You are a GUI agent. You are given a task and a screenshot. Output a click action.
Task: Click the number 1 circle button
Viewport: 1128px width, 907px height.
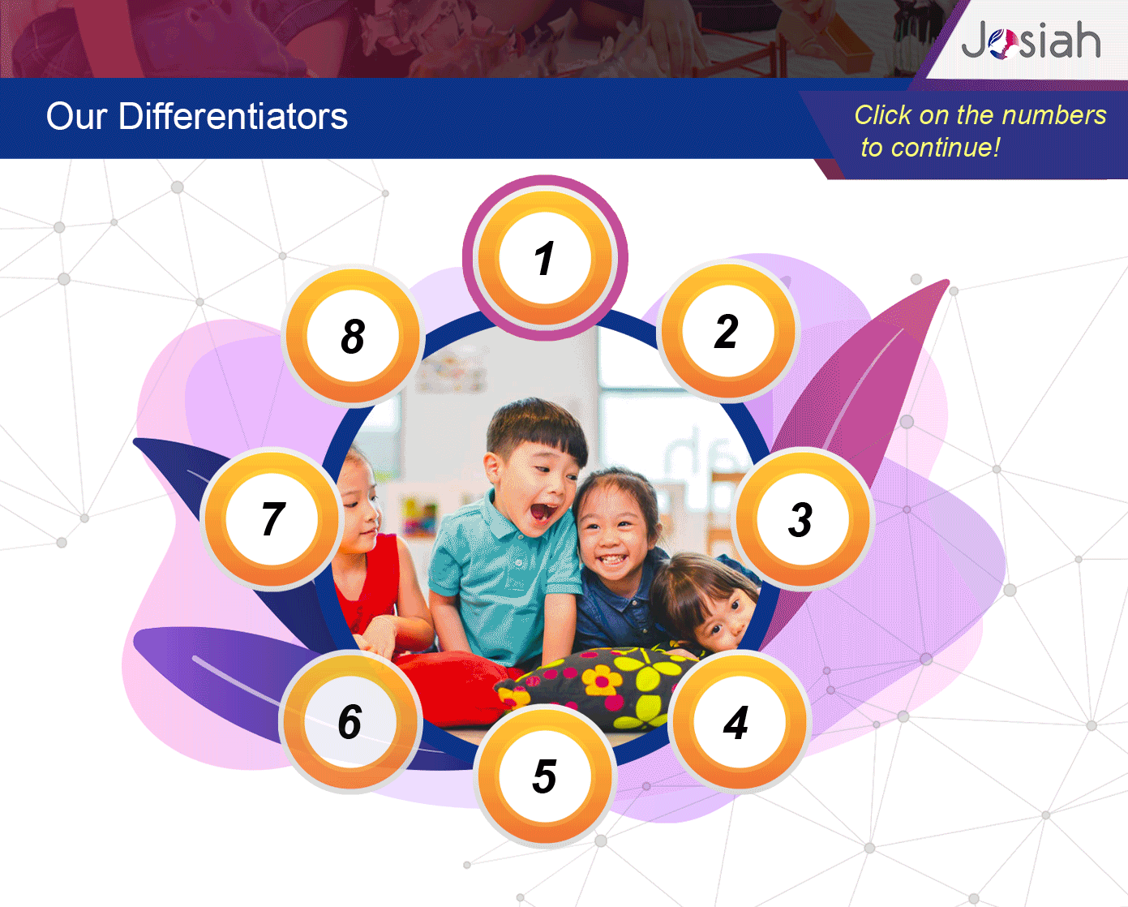[545, 257]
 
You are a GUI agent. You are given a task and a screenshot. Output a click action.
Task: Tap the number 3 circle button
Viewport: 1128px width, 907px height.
[802, 519]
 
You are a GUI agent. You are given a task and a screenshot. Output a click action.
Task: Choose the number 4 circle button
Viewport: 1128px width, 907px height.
[739, 722]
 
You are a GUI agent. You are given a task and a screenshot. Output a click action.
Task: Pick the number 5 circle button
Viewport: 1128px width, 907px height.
[545, 776]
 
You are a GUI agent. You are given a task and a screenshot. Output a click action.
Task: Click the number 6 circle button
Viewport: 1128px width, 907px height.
[350, 722]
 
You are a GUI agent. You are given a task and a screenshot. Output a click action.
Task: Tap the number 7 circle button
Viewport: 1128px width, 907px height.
[272, 519]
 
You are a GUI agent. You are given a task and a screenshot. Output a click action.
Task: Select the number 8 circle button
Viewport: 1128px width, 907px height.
[353, 336]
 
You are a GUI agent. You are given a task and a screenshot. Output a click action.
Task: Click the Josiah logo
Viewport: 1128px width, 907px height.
[1031, 40]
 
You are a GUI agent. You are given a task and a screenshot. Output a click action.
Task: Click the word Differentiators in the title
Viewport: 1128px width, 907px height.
[233, 116]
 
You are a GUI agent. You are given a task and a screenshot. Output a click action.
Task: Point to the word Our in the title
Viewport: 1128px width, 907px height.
[76, 117]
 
